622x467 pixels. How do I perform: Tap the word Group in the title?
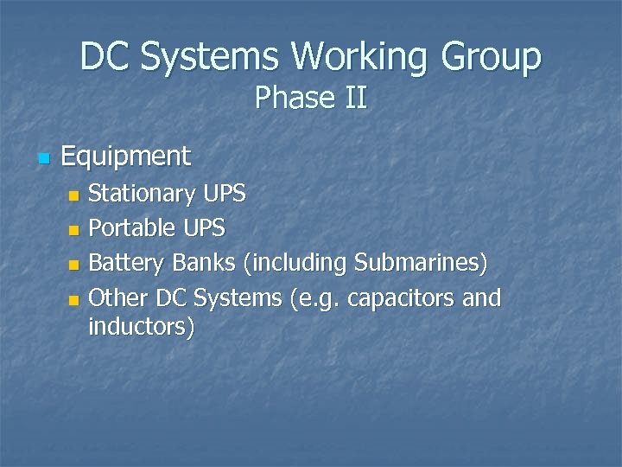[x=492, y=57]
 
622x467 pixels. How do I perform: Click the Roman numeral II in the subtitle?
[x=356, y=99]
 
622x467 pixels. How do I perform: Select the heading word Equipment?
[x=126, y=157]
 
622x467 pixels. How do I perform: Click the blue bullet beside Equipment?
[x=45, y=159]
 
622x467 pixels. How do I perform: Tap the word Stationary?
[x=143, y=194]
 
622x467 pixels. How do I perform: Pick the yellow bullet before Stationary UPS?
[x=73, y=195]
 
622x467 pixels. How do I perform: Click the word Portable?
[x=131, y=228]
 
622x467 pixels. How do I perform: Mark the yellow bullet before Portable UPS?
[x=73, y=230]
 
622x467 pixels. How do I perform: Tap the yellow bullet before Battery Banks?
[x=73, y=265]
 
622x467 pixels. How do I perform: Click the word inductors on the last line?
[x=141, y=328]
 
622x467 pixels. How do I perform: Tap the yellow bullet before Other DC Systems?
[x=73, y=300]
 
